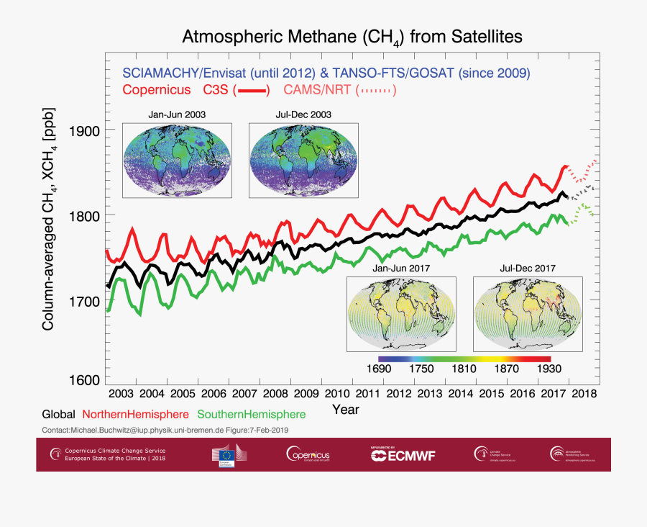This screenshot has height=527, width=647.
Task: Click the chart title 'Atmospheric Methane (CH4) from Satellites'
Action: (x=352, y=37)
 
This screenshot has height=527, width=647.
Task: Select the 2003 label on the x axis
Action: (x=120, y=394)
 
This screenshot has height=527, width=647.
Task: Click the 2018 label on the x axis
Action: (x=583, y=394)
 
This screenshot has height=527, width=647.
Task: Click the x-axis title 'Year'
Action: (x=346, y=409)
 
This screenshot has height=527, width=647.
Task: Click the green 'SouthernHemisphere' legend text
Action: (x=251, y=414)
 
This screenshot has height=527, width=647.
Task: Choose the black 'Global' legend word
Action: (x=59, y=414)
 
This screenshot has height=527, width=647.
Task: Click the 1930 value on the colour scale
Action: (x=549, y=369)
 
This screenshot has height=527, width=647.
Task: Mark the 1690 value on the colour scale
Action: (x=379, y=369)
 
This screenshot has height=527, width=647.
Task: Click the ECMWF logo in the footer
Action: (x=403, y=454)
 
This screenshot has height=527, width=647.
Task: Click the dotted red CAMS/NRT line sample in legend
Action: (x=375, y=90)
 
